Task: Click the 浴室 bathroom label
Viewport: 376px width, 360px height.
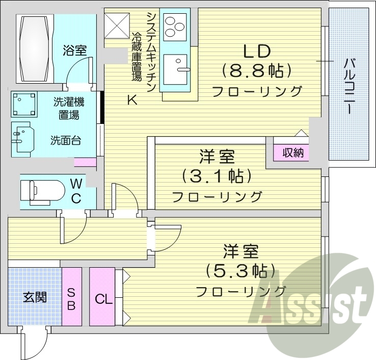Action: tap(75, 50)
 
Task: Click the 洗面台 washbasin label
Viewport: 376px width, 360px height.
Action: tap(65, 141)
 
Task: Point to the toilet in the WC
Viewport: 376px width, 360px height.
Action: tap(41, 191)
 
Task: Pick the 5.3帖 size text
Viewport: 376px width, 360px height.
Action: tap(240, 270)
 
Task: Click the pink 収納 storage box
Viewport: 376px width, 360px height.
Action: tap(292, 152)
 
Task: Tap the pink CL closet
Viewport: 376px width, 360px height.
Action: tap(103, 298)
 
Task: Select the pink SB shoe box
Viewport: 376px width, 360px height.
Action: tap(71, 298)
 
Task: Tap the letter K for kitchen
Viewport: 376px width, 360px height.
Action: tap(132, 100)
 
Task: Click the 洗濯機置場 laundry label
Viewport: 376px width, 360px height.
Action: tap(68, 108)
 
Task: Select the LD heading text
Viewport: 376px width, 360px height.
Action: tap(256, 51)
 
